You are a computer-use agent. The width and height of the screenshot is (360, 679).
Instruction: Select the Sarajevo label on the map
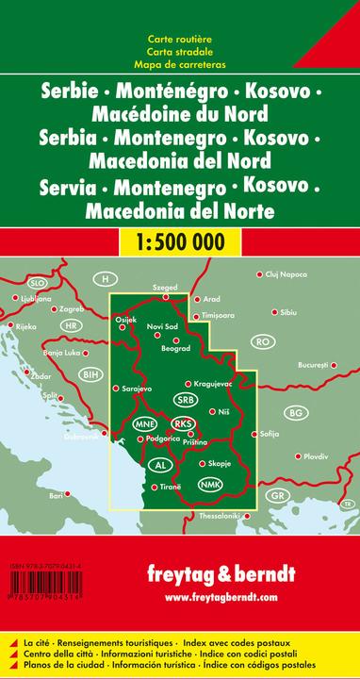(134, 388)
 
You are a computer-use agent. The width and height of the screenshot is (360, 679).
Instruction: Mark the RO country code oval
(263, 340)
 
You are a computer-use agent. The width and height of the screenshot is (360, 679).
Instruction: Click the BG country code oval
(296, 413)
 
